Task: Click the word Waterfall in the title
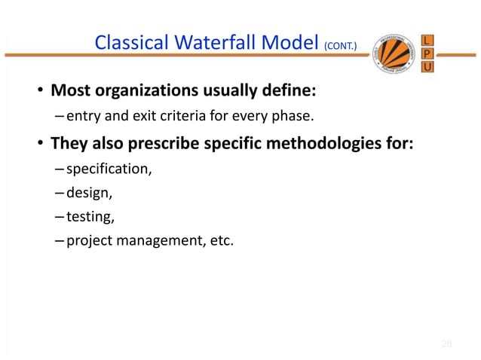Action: click(x=215, y=46)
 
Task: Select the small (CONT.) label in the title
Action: click(x=345, y=48)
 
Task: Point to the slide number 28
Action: click(x=446, y=344)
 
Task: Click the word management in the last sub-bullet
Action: click(x=155, y=243)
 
